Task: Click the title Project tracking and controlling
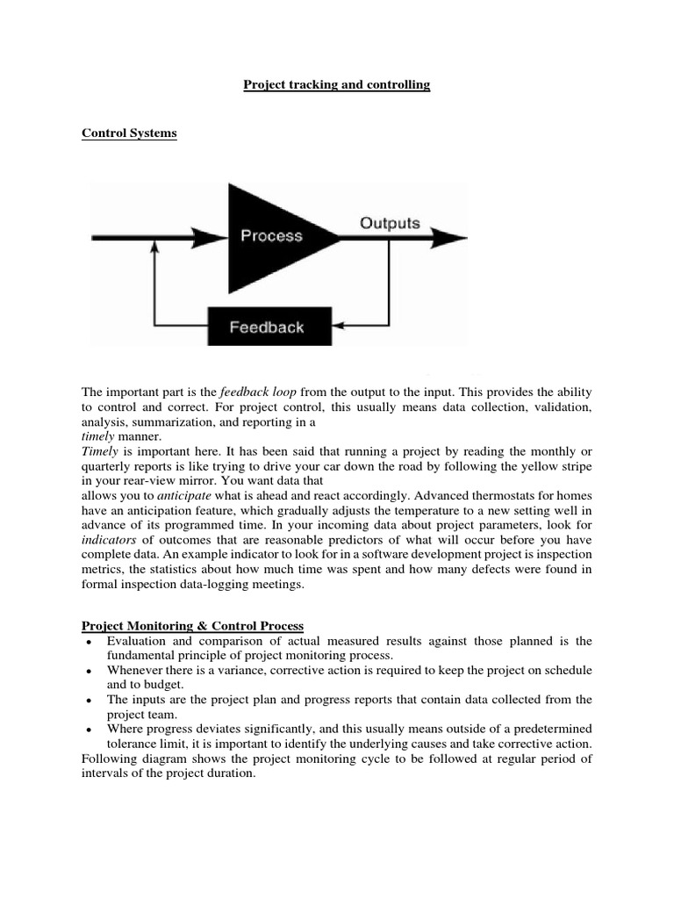[x=336, y=84]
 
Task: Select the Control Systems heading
[x=129, y=133]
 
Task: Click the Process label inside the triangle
[x=271, y=235]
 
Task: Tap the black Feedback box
[x=268, y=327]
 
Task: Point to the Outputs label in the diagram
[x=390, y=223]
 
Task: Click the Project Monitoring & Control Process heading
[x=192, y=625]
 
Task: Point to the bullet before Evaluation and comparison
[x=90, y=643]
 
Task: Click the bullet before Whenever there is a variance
[x=90, y=672]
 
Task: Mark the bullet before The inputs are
[x=90, y=701]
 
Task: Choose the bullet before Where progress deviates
[x=90, y=730]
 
